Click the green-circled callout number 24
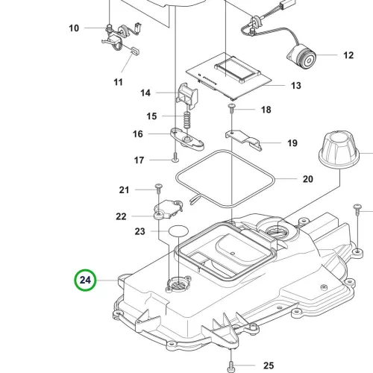click(x=85, y=280)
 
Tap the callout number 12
click(x=348, y=55)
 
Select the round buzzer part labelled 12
click(x=301, y=57)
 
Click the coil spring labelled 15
click(x=187, y=120)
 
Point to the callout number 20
click(x=308, y=179)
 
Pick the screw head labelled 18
click(x=232, y=106)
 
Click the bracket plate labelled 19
click(x=244, y=140)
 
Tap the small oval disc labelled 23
click(x=178, y=231)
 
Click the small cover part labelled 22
click(x=168, y=209)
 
